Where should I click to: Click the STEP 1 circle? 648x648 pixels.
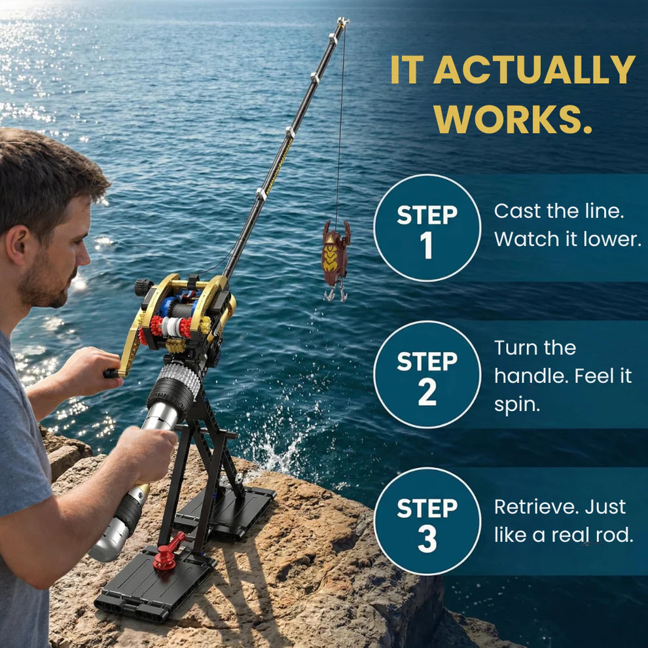click(x=427, y=228)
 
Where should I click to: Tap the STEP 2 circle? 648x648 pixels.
click(x=427, y=374)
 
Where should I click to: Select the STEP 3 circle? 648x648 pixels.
click(x=427, y=521)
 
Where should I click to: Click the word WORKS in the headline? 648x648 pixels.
click(x=514, y=118)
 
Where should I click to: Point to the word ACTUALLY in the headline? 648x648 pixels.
click(x=533, y=69)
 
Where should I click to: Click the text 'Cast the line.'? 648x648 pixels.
click(x=558, y=211)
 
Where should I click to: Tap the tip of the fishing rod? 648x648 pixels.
click(x=342, y=23)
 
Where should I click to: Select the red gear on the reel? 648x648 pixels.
click(x=156, y=325)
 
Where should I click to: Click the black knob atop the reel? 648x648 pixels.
click(x=143, y=287)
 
